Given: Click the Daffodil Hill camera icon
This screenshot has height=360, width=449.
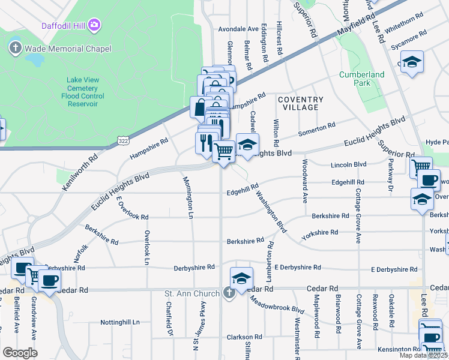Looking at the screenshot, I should click(x=94, y=25).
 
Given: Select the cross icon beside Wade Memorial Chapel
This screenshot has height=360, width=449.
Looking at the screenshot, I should click(x=15, y=48).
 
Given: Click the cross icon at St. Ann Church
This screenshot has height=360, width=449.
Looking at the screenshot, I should click(x=229, y=293).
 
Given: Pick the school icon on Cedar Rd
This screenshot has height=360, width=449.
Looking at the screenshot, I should click(x=241, y=278).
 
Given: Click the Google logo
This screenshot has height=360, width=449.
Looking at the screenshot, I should click(x=20, y=353).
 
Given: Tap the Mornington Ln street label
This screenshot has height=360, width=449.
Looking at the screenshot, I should click(x=187, y=196).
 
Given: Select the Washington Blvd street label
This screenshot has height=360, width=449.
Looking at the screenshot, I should click(x=271, y=212).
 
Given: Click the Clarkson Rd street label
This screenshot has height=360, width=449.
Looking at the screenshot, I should click(x=243, y=337).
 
